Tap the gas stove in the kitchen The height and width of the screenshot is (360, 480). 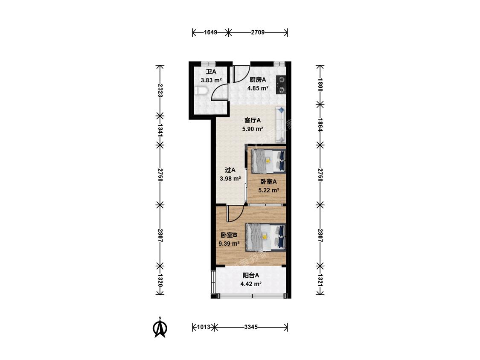coord(281,85)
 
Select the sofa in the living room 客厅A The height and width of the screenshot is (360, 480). coord(280,124)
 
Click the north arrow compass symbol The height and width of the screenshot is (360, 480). coord(160,328)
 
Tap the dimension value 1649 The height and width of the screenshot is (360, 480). coord(211,32)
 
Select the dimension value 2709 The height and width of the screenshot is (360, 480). coord(258,32)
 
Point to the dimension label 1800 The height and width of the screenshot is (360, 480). coord(320,85)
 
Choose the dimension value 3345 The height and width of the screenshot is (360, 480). coord(251,327)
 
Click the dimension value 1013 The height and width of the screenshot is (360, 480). coord(204,327)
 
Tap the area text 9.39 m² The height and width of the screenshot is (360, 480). coord(229,244)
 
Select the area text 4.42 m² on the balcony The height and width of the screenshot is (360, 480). coord(251,284)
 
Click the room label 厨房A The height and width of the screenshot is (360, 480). coord(258,80)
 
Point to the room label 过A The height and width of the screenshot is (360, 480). coord(230,170)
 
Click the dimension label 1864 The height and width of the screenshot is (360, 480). coord(320,125)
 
